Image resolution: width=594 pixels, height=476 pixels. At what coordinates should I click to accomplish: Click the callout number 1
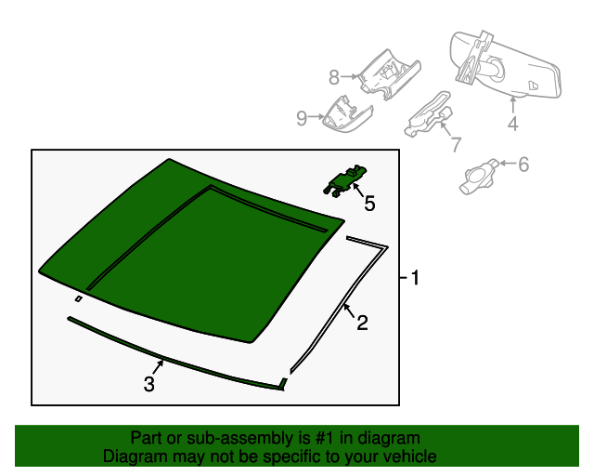click(416, 277)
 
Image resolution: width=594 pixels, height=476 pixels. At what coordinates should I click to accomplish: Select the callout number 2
click(362, 323)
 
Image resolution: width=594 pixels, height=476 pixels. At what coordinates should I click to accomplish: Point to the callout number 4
click(512, 124)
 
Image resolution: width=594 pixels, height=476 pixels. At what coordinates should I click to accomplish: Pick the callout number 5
click(369, 203)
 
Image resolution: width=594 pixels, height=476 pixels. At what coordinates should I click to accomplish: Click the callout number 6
click(523, 165)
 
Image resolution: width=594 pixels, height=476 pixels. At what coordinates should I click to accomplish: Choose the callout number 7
click(455, 144)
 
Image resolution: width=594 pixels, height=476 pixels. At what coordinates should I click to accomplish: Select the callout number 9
click(302, 117)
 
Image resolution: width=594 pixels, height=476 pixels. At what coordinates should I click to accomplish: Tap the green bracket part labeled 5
click(346, 180)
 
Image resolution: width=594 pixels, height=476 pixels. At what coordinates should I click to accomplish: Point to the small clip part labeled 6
click(478, 175)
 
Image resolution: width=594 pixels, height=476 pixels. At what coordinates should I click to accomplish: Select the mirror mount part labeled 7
click(429, 114)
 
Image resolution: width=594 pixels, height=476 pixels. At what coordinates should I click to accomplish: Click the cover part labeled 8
click(390, 73)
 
